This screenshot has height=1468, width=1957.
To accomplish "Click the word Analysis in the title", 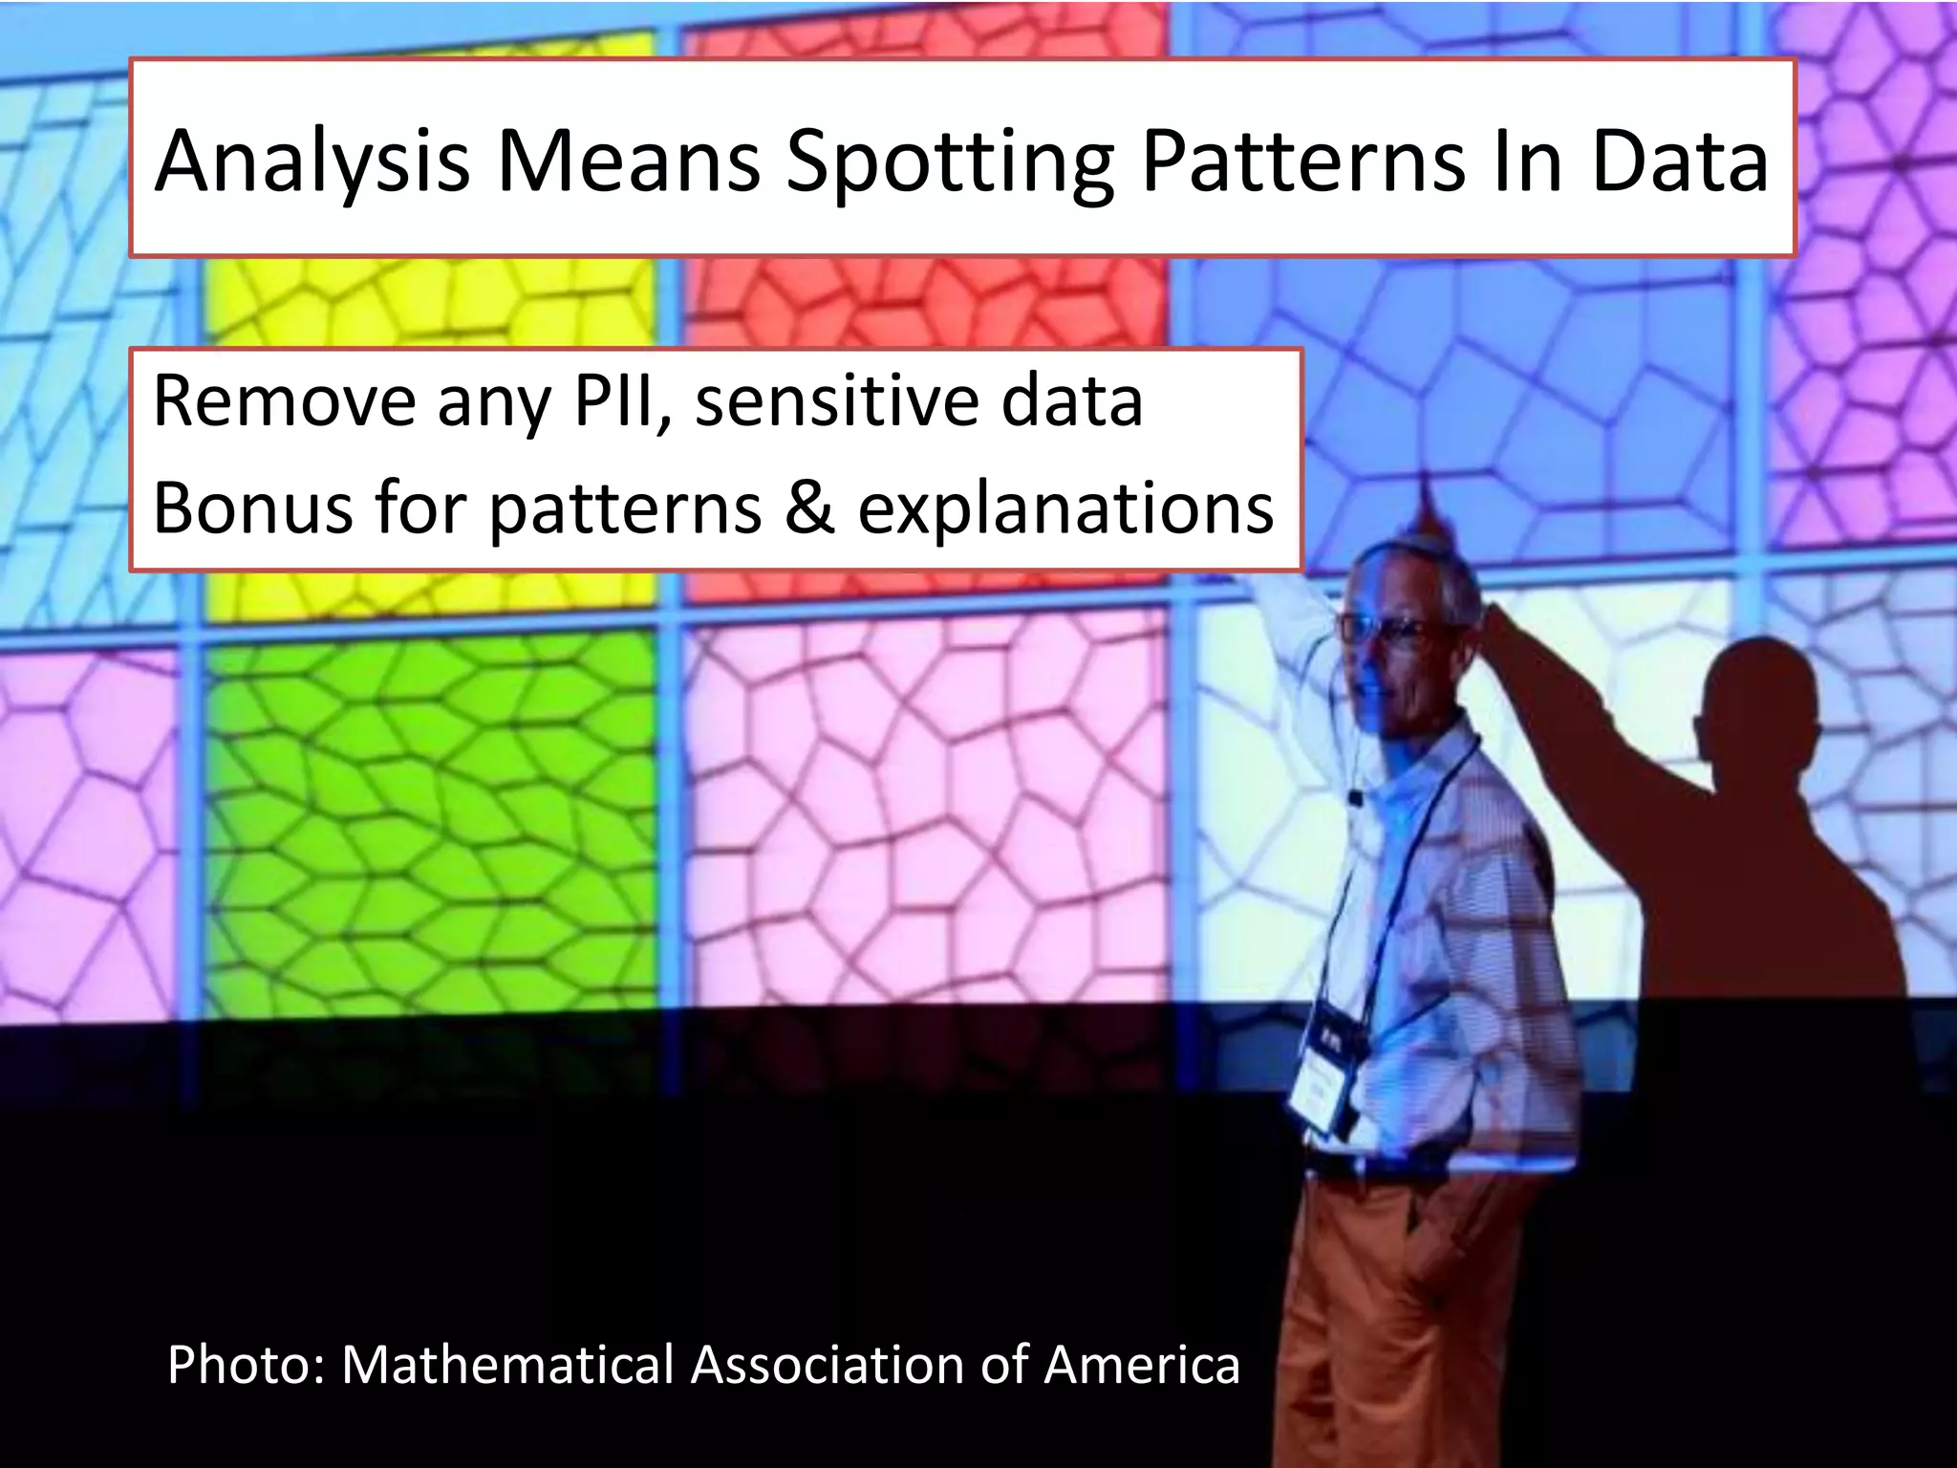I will coord(312,161).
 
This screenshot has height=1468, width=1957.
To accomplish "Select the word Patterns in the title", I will coord(1303,161).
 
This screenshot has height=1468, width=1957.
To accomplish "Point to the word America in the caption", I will coord(1141,1365).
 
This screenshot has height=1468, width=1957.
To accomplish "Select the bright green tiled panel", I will coord(430,822).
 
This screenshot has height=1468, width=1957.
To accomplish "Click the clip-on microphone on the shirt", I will coord(1354,796).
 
